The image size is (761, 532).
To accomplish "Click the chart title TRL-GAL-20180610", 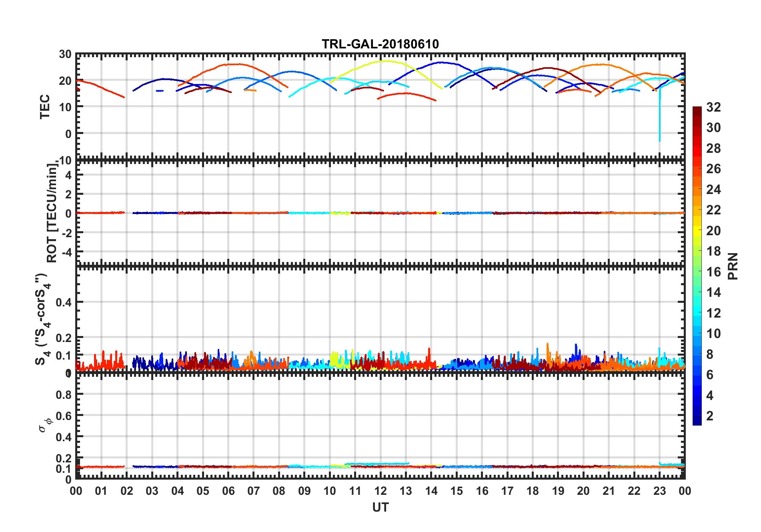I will (380, 44).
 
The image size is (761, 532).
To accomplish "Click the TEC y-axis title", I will (44, 106).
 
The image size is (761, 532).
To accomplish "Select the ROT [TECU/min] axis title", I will (52, 213).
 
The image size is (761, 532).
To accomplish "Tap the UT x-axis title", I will (380, 508).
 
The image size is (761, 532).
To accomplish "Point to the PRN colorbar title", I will (733, 266).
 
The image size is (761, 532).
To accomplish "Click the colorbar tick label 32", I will (713, 107).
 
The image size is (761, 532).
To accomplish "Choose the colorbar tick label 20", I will (713, 231).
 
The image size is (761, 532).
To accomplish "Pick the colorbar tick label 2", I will (710, 416).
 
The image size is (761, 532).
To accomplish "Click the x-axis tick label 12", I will (380, 491).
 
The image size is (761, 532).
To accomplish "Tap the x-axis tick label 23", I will (659, 491).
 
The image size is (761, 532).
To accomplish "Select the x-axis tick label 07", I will (254, 491).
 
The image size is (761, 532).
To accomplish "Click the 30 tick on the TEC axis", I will (65, 54).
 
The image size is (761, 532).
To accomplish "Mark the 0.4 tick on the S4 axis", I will (64, 302).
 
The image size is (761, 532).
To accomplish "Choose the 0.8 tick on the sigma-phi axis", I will (64, 395).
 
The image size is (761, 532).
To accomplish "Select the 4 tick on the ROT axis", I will (68, 175).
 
